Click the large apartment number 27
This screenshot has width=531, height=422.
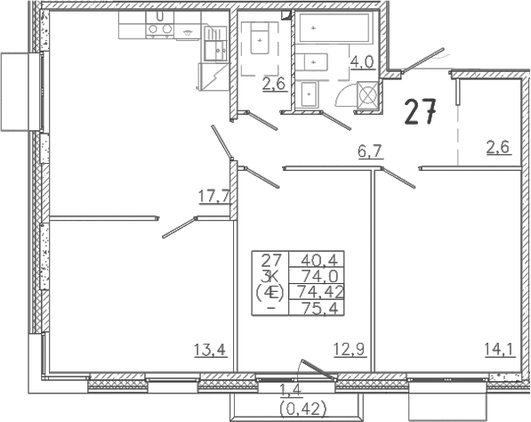pyautogui.click(x=420, y=112)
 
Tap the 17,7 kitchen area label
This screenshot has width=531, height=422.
pyautogui.click(x=213, y=196)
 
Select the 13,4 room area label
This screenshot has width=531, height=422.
pyautogui.click(x=210, y=349)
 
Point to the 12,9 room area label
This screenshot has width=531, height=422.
pyautogui.click(x=350, y=349)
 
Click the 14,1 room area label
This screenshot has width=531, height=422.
pyautogui.click(x=500, y=349)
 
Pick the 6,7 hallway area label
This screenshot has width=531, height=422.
pyautogui.click(x=371, y=150)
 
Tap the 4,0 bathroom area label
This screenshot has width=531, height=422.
pyautogui.click(x=363, y=62)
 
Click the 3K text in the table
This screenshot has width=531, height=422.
pyautogui.click(x=271, y=276)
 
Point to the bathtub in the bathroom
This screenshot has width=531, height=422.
pyautogui.click(x=334, y=27)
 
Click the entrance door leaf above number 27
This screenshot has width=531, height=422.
pyautogui.click(x=423, y=60)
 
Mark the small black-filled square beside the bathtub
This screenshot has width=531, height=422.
pyautogui.click(x=286, y=16)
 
